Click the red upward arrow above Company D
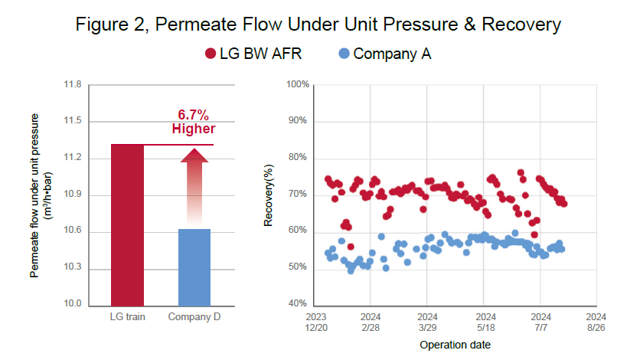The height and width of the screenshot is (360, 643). (194, 184)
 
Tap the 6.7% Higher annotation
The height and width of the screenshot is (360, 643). (193, 122)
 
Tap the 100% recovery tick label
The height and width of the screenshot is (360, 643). (296, 84)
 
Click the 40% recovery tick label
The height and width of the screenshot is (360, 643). (298, 305)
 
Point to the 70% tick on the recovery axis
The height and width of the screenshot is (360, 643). (298, 195)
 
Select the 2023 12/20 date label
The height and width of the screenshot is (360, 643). (316, 321)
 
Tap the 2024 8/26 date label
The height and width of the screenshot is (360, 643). (596, 321)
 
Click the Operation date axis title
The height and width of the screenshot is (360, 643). (455, 345)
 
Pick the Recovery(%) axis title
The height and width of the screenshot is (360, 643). (269, 195)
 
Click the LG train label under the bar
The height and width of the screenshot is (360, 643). (127, 316)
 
